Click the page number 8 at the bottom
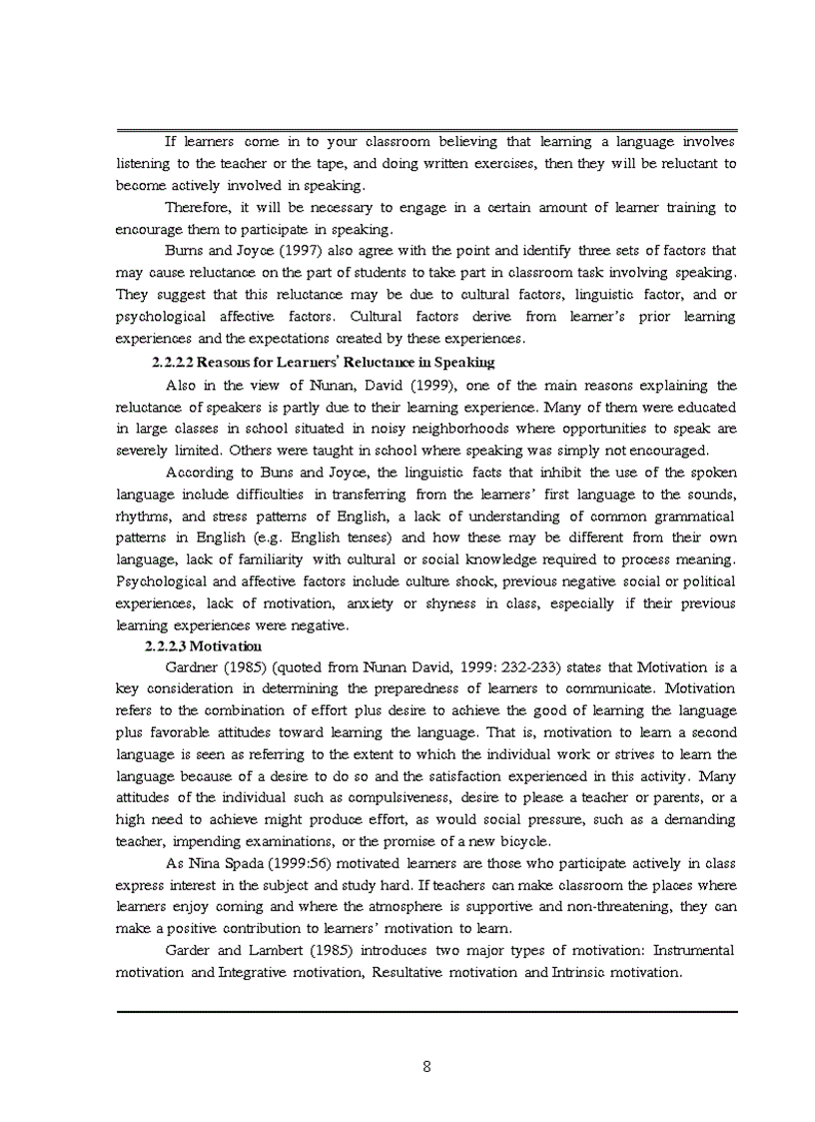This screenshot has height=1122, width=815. tap(426, 1066)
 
